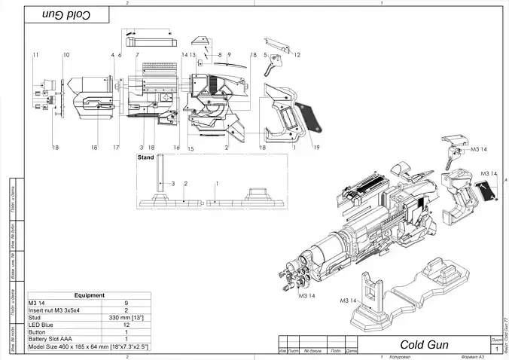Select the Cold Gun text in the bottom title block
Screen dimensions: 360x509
tap(424, 344)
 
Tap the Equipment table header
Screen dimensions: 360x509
tap(89, 296)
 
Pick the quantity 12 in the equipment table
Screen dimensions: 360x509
tap(126, 325)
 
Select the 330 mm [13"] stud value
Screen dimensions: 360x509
tap(126, 318)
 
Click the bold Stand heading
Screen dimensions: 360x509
tap(145, 158)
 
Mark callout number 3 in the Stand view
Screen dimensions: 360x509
tap(172, 183)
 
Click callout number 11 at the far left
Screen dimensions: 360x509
tap(35, 56)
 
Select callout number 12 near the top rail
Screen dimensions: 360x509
tap(297, 55)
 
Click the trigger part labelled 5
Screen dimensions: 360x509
tap(270, 69)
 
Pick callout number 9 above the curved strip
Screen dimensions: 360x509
tap(228, 55)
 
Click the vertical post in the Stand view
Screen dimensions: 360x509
tap(160, 182)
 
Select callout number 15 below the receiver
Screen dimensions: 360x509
tap(190, 149)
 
